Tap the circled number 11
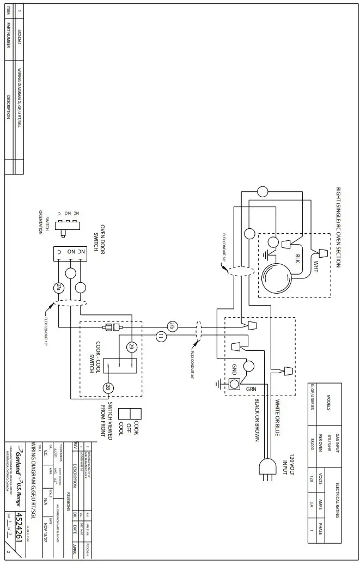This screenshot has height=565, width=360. point(160,336)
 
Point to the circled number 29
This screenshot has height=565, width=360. point(131,347)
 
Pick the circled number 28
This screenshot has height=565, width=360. point(108,388)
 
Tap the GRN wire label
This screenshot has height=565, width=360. point(250,390)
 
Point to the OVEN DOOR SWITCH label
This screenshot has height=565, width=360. point(102,240)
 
